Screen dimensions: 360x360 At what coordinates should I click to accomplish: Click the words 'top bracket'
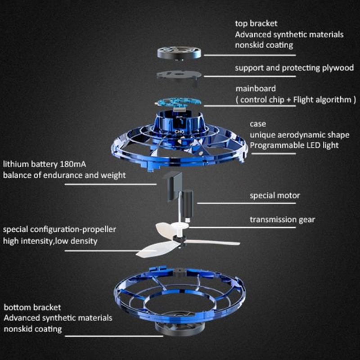coord(256,23)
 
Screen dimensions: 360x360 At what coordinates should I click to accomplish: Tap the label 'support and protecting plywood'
coord(294,68)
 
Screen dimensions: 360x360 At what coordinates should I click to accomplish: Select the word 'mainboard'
coord(256,89)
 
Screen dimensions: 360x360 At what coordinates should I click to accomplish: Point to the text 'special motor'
coord(275,196)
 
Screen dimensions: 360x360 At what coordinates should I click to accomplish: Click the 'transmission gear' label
coord(282,220)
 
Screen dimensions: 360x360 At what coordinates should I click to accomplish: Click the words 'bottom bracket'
coord(32,307)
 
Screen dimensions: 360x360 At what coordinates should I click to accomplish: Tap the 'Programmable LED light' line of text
coord(294,145)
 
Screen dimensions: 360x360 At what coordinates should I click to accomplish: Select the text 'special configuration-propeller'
coord(59,229)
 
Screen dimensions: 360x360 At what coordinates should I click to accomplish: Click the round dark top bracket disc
coord(179,53)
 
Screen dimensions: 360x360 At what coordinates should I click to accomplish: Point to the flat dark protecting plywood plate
coord(179,76)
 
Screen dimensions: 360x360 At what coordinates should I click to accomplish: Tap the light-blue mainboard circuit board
coord(177,103)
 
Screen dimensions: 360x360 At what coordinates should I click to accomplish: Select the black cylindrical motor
coord(188,203)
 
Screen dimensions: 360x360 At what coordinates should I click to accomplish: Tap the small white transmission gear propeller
coord(172,228)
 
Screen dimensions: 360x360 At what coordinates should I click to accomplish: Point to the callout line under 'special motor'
coord(246,203)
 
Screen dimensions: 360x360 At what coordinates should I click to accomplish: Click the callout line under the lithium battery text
coord(110,184)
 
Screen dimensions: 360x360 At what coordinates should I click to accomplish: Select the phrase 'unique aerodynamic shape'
coord(300,135)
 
